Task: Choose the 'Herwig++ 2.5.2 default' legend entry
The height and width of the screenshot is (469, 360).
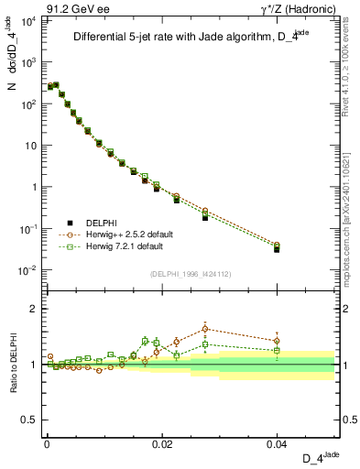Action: click(x=125, y=234)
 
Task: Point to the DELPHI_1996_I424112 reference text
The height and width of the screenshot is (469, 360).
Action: click(x=189, y=273)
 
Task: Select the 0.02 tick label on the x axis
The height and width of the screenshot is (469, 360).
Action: click(x=161, y=443)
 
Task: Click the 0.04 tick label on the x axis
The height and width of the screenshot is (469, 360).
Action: click(x=277, y=443)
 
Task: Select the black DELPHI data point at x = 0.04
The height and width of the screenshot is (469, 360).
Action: click(x=278, y=249)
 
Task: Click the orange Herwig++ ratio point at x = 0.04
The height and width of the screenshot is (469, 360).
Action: click(x=278, y=341)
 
